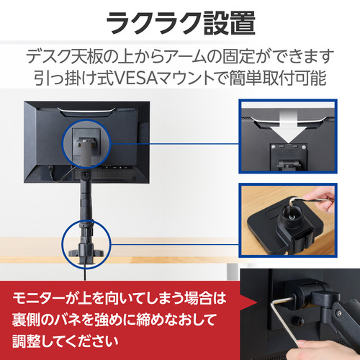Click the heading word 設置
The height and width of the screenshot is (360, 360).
[230, 23]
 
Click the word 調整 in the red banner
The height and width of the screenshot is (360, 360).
[26, 341]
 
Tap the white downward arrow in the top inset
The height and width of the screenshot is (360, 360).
[288, 127]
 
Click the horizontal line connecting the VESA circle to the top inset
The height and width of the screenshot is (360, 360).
[175, 144]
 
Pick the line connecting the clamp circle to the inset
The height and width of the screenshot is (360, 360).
[175, 245]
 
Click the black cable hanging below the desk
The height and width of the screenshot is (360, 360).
[85, 271]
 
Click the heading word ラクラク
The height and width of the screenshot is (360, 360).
[153, 23]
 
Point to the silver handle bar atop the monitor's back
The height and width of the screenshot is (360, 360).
[86, 109]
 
